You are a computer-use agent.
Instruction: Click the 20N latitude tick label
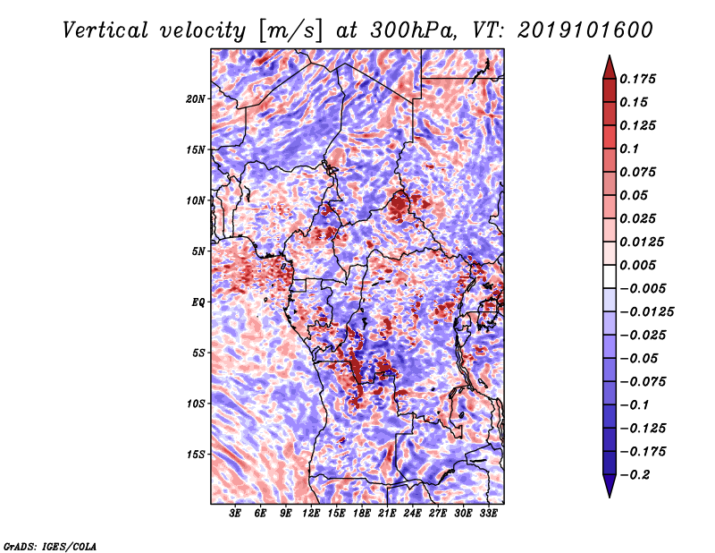[196, 98]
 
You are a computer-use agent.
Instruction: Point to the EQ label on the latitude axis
[198, 302]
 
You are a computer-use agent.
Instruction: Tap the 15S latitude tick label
[196, 455]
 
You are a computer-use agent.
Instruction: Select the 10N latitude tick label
[196, 200]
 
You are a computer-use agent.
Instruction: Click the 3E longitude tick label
[235, 514]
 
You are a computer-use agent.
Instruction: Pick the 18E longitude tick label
[361, 514]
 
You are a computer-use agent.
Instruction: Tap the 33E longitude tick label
[488, 514]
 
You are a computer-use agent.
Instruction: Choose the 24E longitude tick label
[412, 514]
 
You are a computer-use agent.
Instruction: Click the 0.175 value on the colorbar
[637, 79]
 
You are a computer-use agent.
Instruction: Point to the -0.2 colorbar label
[635, 475]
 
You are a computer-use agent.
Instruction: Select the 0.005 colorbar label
[637, 265]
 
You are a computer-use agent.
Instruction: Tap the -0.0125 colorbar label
[646, 312]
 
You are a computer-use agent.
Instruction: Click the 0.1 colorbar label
[629, 149]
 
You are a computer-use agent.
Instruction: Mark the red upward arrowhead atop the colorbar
[610, 67]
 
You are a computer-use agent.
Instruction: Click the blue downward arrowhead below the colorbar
[610, 486]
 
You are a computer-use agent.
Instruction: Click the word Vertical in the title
[105, 30]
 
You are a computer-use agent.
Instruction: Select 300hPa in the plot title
[413, 30]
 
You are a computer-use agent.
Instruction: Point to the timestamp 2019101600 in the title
[585, 30]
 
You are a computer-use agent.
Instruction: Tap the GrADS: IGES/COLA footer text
[50, 546]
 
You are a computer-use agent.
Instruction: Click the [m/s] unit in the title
[290, 30]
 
